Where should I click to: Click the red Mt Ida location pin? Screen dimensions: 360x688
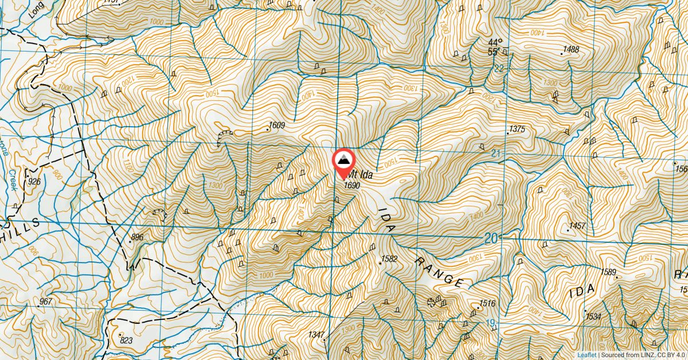(x=344, y=161)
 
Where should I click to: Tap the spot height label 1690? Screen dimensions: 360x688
(x=351, y=185)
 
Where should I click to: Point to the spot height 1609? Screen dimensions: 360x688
(x=277, y=125)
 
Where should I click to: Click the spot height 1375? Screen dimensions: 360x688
(x=517, y=129)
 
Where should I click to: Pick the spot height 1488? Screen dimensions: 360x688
(x=571, y=50)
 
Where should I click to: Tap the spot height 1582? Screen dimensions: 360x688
(x=389, y=259)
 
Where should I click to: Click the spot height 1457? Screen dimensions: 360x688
(x=577, y=226)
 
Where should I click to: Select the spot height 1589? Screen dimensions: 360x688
(x=608, y=272)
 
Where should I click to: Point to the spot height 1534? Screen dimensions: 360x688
(x=593, y=316)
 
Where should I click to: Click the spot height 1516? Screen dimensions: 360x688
(x=487, y=303)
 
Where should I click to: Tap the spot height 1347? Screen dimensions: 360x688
(x=316, y=334)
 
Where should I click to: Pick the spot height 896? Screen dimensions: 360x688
(x=137, y=237)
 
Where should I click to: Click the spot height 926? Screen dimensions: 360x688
(x=34, y=182)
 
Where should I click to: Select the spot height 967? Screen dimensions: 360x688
(x=46, y=302)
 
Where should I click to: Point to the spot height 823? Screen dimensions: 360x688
(x=126, y=340)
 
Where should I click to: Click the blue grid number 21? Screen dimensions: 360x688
(x=496, y=153)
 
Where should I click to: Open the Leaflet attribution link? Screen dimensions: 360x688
(x=587, y=355)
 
